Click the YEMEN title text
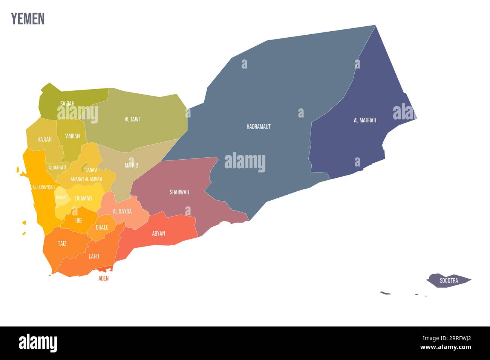28,18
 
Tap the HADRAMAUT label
259,127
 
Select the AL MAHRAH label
365,121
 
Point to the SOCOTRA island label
449,281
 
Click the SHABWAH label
179,192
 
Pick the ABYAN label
159,233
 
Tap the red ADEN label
103,279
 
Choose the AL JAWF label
133,119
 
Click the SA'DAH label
67,103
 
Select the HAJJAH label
44,139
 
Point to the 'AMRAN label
72,136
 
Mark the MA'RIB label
132,165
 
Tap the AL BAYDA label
122,211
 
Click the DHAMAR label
83,198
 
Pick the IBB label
78,220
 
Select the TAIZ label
62,244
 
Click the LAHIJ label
94,256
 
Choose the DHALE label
102,227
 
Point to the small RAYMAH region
61,197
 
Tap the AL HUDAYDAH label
43,187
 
